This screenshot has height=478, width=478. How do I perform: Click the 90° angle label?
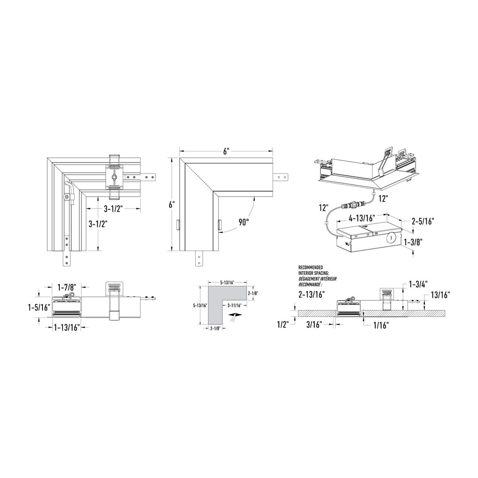(244, 222)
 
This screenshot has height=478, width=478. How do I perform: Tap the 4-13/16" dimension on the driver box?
(362, 218)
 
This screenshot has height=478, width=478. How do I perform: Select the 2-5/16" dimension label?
(423, 221)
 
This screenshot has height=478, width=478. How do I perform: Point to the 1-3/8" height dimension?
(413, 243)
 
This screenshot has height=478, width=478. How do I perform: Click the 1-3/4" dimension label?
(418, 284)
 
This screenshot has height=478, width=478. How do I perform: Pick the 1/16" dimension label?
(381, 326)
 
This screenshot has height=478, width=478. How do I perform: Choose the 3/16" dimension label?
(314, 325)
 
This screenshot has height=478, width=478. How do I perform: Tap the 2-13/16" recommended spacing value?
(312, 294)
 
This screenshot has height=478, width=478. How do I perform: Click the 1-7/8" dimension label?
(67, 287)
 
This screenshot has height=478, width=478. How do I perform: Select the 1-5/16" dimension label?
(39, 307)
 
